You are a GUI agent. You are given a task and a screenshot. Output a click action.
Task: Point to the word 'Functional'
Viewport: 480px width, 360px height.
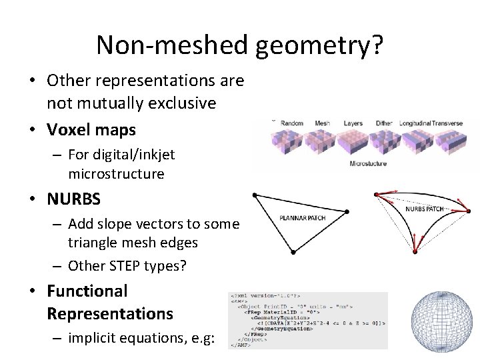(87, 291)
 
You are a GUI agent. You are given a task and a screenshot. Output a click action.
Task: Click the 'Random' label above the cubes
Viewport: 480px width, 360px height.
(292, 123)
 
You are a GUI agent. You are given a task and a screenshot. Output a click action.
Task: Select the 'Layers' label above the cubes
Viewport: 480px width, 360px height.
(353, 123)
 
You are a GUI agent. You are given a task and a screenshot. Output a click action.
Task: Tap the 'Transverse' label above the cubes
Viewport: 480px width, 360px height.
(451, 123)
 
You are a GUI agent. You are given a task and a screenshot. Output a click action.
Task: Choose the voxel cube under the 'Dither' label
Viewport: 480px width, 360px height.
(385, 141)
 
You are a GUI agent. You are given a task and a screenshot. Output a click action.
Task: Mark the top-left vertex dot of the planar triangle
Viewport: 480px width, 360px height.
(254, 195)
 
